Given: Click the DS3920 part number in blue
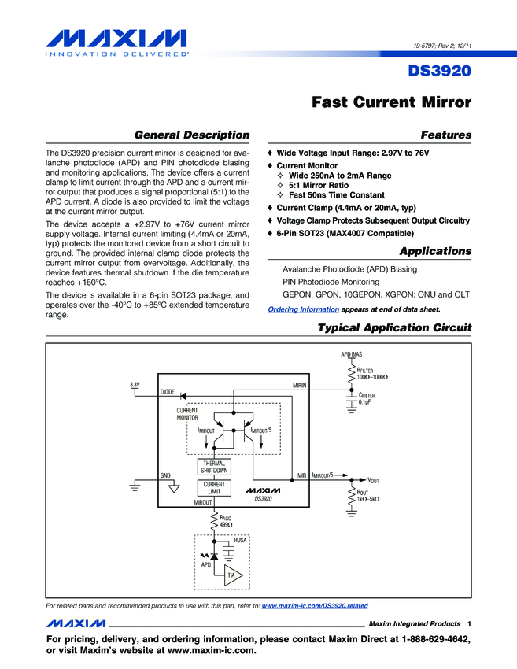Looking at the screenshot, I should pyautogui.click(x=439, y=71).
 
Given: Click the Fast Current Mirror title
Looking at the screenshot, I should pyautogui.click(x=391, y=102).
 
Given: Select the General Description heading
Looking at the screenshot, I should pyautogui.click(x=192, y=135).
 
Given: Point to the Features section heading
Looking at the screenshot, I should pyautogui.click(x=446, y=135).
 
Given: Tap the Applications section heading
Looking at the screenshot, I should pyautogui.click(x=435, y=251).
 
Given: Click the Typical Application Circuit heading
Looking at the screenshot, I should pyautogui.click(x=393, y=327).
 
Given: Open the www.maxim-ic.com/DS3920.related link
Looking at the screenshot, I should pyautogui.click(x=314, y=605).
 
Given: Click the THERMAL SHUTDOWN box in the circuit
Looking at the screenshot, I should pyautogui.click(x=213, y=467).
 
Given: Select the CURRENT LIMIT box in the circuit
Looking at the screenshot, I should pyautogui.click(x=213, y=488).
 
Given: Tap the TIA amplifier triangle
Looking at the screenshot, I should pyautogui.click(x=233, y=575).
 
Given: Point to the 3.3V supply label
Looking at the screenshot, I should pyautogui.click(x=135, y=384).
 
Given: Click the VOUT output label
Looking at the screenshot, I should pyautogui.click(x=374, y=479).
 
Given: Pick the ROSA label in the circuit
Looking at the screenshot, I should pyautogui.click(x=241, y=541).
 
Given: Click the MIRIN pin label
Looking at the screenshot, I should pyautogui.click(x=299, y=386).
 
